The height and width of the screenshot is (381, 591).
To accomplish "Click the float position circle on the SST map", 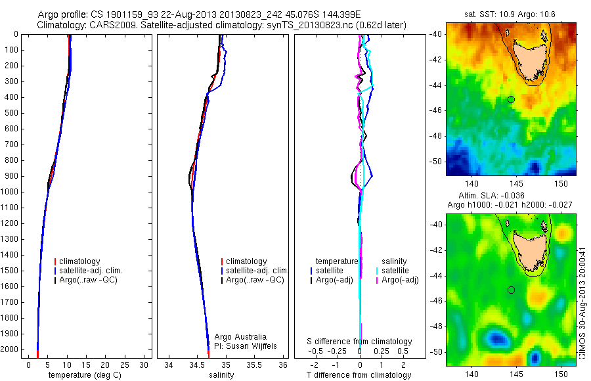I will [x=511, y=99].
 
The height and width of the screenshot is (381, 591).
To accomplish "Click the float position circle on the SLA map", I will [x=511, y=290].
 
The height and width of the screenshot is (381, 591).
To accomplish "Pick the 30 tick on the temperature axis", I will [x=144, y=365].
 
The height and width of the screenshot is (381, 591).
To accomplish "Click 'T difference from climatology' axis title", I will [x=359, y=375].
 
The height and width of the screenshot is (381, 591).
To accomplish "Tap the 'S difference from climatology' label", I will [x=360, y=342].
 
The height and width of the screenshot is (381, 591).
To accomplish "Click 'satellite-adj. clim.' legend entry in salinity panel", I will [x=257, y=271].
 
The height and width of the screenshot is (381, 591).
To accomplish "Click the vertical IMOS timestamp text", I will [x=582, y=299].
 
